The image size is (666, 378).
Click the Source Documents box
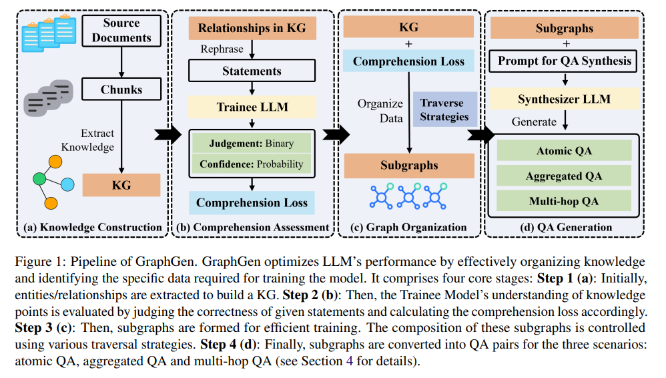click(x=121, y=30)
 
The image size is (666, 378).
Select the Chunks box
click(x=121, y=89)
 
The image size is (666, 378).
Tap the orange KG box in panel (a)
click(x=121, y=184)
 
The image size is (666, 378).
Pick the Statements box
click(x=252, y=71)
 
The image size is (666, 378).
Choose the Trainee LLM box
click(x=252, y=107)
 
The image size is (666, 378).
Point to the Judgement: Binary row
click(x=252, y=143)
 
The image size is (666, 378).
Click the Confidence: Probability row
click(x=252, y=164)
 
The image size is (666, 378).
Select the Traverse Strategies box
click(x=444, y=110)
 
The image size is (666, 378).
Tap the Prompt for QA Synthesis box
click(x=564, y=61)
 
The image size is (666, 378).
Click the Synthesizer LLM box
click(x=564, y=100)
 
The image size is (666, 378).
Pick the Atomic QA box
click(x=564, y=151)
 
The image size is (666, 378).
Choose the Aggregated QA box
click(x=564, y=176)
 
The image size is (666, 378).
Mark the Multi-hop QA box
click(x=564, y=200)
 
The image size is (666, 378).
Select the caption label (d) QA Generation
click(x=565, y=228)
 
